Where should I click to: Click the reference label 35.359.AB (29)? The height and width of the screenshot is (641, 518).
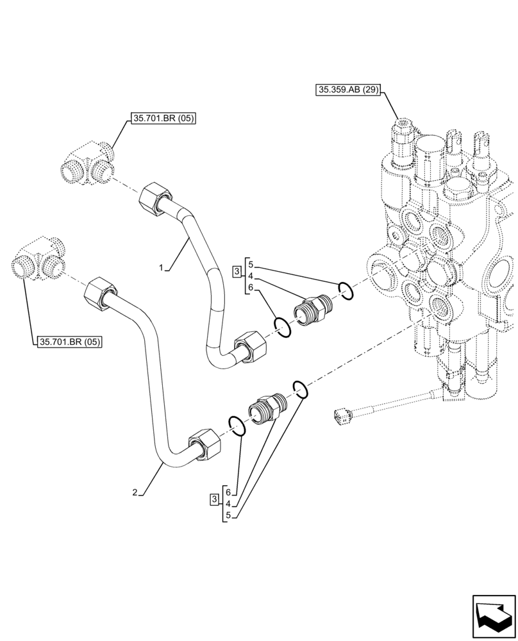click(x=348, y=90)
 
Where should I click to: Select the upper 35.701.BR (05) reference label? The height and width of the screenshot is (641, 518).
click(x=163, y=118)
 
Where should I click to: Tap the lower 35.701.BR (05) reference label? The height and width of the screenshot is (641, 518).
click(x=70, y=342)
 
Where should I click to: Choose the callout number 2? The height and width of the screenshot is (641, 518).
click(x=135, y=492)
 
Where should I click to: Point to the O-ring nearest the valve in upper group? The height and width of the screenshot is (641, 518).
click(x=346, y=290)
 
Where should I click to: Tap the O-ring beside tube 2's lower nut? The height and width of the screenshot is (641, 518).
click(x=236, y=426)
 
